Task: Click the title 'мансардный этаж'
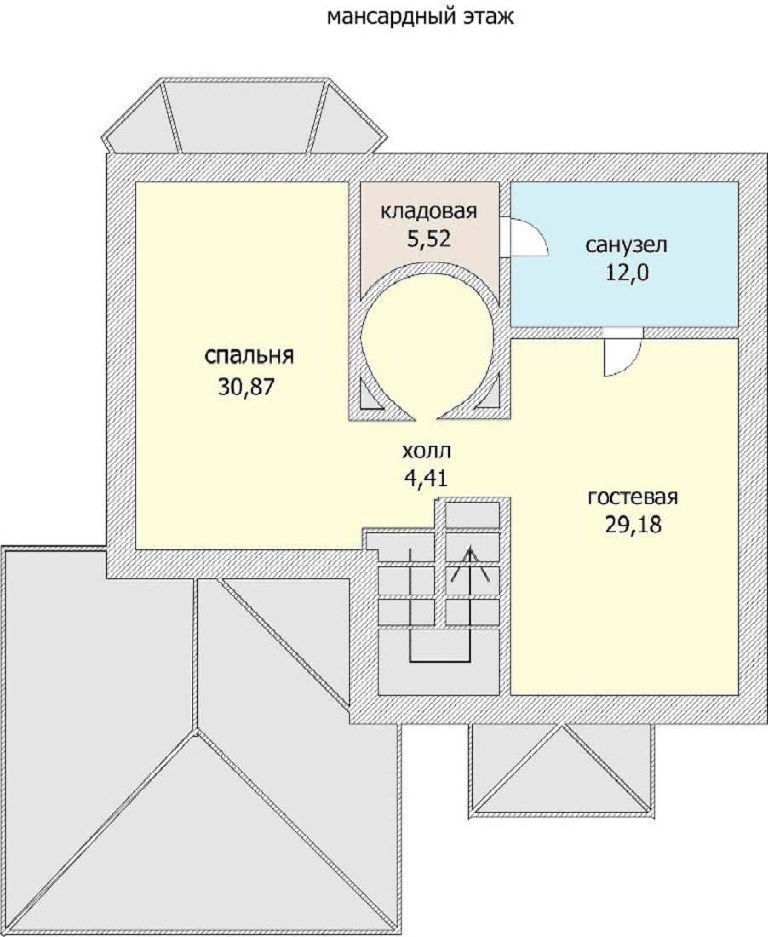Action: pyautogui.click(x=420, y=17)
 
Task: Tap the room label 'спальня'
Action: pyautogui.click(x=249, y=356)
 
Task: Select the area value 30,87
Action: pyautogui.click(x=246, y=388)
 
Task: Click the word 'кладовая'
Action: pyautogui.click(x=429, y=211)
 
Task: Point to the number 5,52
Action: pyautogui.click(x=428, y=239)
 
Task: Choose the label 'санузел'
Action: pyautogui.click(x=626, y=245)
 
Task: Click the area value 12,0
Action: pyautogui.click(x=626, y=273)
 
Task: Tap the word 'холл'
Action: pyautogui.click(x=427, y=451)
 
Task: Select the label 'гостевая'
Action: pyautogui.click(x=633, y=497)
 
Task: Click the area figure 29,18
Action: pyautogui.click(x=633, y=525)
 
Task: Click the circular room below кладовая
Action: pyautogui.click(x=428, y=348)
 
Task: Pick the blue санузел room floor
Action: pyautogui.click(x=625, y=254)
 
